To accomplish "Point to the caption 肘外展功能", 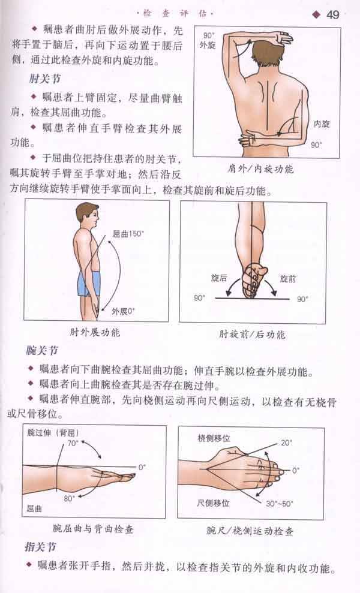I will [x=95, y=332].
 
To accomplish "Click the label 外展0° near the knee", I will [x=124, y=311].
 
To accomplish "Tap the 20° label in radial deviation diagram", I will [x=286, y=443].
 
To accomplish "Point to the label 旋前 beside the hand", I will [x=289, y=279].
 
